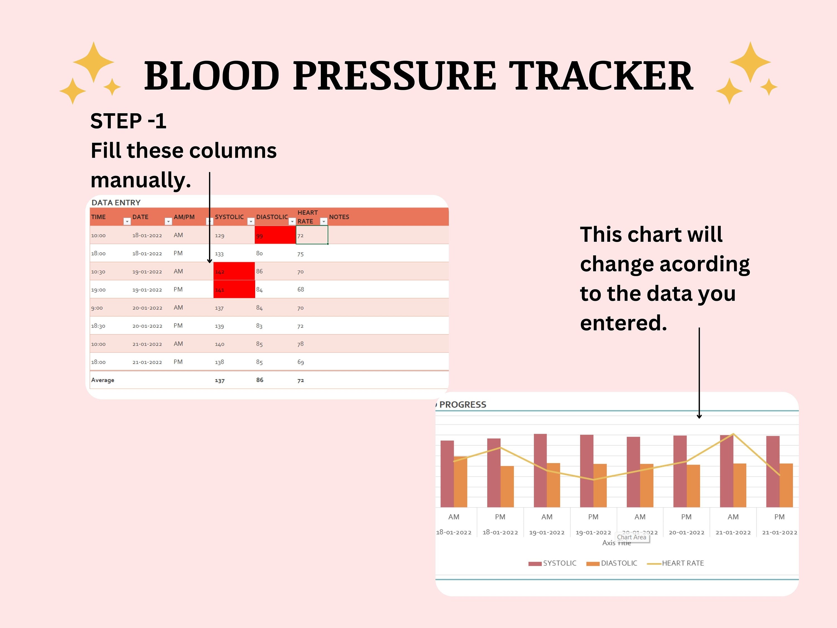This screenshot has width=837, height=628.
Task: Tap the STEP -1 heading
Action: (128, 121)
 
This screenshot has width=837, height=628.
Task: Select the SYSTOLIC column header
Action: (229, 217)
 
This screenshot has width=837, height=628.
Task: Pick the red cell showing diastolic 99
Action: (275, 235)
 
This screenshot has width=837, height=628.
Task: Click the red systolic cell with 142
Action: (234, 271)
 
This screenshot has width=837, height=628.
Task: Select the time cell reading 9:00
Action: (97, 308)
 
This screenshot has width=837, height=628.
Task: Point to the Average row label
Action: (103, 380)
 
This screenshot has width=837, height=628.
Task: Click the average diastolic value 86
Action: (259, 380)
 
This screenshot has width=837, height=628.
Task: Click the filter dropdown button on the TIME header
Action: (127, 221)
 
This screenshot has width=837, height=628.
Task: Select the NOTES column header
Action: (339, 217)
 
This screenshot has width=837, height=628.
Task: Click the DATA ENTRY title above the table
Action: (116, 203)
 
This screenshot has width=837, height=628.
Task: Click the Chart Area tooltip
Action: (632, 537)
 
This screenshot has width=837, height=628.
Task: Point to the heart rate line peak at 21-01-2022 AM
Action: (733, 434)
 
